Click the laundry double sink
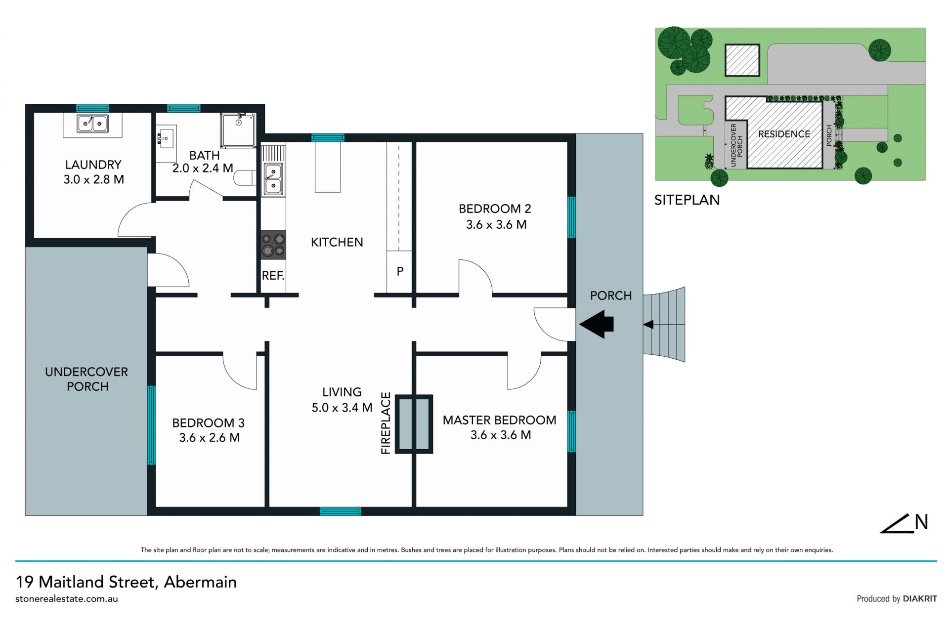tap(92, 124)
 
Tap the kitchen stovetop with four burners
tap(273, 245)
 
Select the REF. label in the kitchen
tap(273, 276)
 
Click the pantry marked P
tap(400, 271)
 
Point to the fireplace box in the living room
tap(414, 424)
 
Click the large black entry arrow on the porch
tap(597, 324)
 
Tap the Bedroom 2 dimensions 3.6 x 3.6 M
tap(496, 225)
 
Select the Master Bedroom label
tap(499, 420)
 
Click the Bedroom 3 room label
tap(208, 423)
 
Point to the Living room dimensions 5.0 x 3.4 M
tap(342, 408)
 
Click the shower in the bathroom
tap(238, 130)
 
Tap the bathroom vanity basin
tap(166, 137)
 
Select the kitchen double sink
tap(273, 178)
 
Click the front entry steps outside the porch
tap(664, 325)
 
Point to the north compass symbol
tap(904, 524)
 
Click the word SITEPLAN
tap(687, 200)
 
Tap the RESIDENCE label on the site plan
tap(784, 134)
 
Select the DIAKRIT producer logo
tap(920, 599)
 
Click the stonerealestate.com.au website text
tap(67, 599)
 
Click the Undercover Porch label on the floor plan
tap(86, 379)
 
